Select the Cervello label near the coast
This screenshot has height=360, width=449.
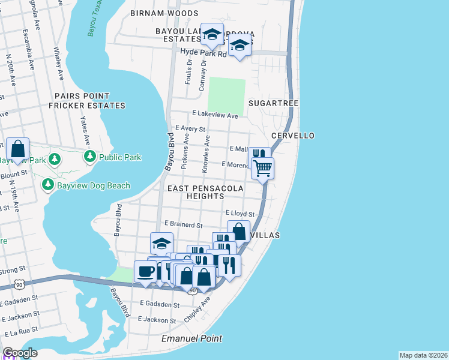pos(293,136)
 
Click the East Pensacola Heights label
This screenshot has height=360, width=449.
pos(205,192)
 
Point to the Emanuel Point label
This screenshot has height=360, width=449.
pos(192,338)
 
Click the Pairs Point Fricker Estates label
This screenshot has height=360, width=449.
pos(89,101)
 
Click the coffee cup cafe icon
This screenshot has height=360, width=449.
pos(145,271)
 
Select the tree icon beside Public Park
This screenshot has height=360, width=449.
pos(90,157)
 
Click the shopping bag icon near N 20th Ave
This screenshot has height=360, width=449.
pos(18,148)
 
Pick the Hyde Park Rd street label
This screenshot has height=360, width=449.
pos(203,53)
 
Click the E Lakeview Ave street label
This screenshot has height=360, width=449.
pos(215,114)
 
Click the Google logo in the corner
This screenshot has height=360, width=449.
pos(20,353)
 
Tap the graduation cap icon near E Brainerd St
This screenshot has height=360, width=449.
pos(161,243)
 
